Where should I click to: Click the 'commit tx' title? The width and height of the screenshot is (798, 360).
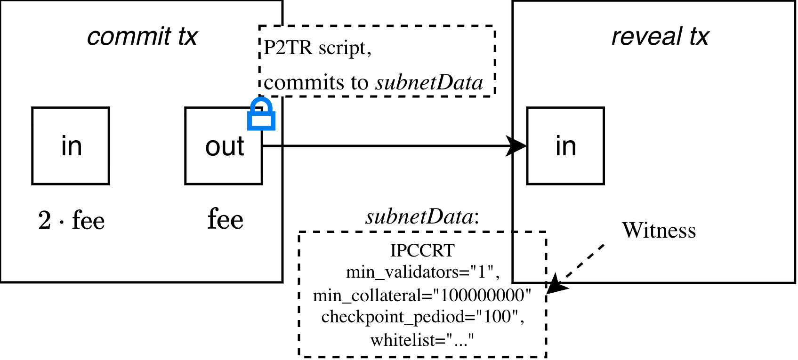tap(142, 37)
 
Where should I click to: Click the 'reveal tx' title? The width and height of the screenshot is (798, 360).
tap(660, 37)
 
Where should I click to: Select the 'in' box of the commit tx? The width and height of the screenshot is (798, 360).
tap(71, 146)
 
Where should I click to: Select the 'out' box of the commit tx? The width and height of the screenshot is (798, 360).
tap(224, 146)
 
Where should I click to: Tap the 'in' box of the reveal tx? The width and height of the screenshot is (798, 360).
tap(565, 146)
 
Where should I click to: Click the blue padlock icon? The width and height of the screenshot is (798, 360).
tap(261, 114)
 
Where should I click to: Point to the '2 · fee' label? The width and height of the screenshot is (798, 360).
tap(72, 220)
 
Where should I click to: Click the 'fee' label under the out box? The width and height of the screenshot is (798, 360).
tap(226, 219)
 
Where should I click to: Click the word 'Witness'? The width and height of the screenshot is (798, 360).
tap(659, 231)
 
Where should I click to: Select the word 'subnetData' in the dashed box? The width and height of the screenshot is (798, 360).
tap(429, 83)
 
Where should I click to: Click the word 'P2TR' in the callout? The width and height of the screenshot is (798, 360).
tap(288, 48)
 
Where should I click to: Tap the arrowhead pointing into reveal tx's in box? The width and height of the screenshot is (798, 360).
tap(520, 146)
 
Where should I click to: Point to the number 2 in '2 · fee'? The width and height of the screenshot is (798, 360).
tap(45, 220)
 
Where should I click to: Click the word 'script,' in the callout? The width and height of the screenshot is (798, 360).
tap(345, 48)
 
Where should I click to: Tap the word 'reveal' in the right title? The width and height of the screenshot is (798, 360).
tap(646, 37)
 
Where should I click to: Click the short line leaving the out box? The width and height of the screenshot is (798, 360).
tap(272, 146)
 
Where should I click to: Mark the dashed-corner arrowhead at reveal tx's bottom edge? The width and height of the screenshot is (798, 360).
tap(555, 278)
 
